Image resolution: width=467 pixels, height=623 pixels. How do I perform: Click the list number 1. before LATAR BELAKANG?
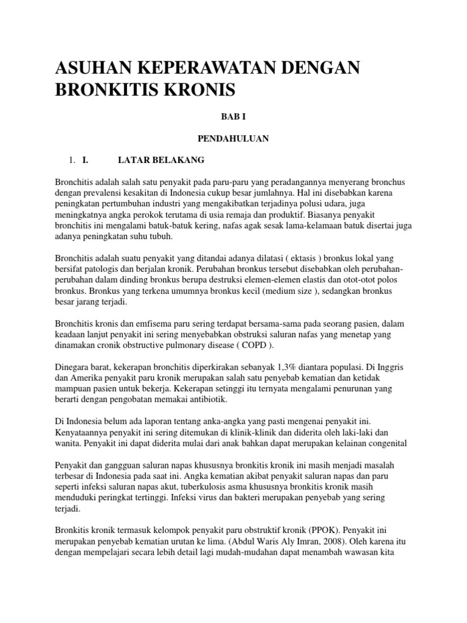pos(71,160)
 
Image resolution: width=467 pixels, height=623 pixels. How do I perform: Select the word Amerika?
pos(88,380)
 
